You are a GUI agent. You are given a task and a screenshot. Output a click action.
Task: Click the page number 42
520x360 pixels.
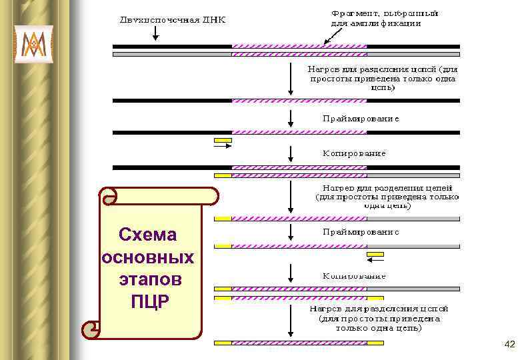pyautogui.click(x=510, y=344)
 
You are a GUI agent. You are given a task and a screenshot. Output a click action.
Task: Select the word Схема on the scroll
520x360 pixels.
pyautogui.click(x=147, y=235)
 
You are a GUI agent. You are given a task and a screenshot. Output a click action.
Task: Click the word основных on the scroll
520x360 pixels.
pyautogui.click(x=147, y=257)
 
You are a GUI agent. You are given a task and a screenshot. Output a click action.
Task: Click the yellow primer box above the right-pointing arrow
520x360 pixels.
pyautogui.click(x=223, y=140)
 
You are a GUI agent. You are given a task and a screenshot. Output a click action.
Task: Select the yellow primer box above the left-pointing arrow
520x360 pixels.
pyautogui.click(x=376, y=254)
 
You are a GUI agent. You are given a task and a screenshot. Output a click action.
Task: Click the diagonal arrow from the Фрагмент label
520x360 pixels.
pyautogui.click(x=329, y=37)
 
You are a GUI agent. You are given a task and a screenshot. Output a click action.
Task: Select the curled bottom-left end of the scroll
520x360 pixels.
pyautogui.click(x=91, y=329)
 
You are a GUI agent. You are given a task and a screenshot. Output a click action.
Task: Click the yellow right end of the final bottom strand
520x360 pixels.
pyautogui.click(x=375, y=343)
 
